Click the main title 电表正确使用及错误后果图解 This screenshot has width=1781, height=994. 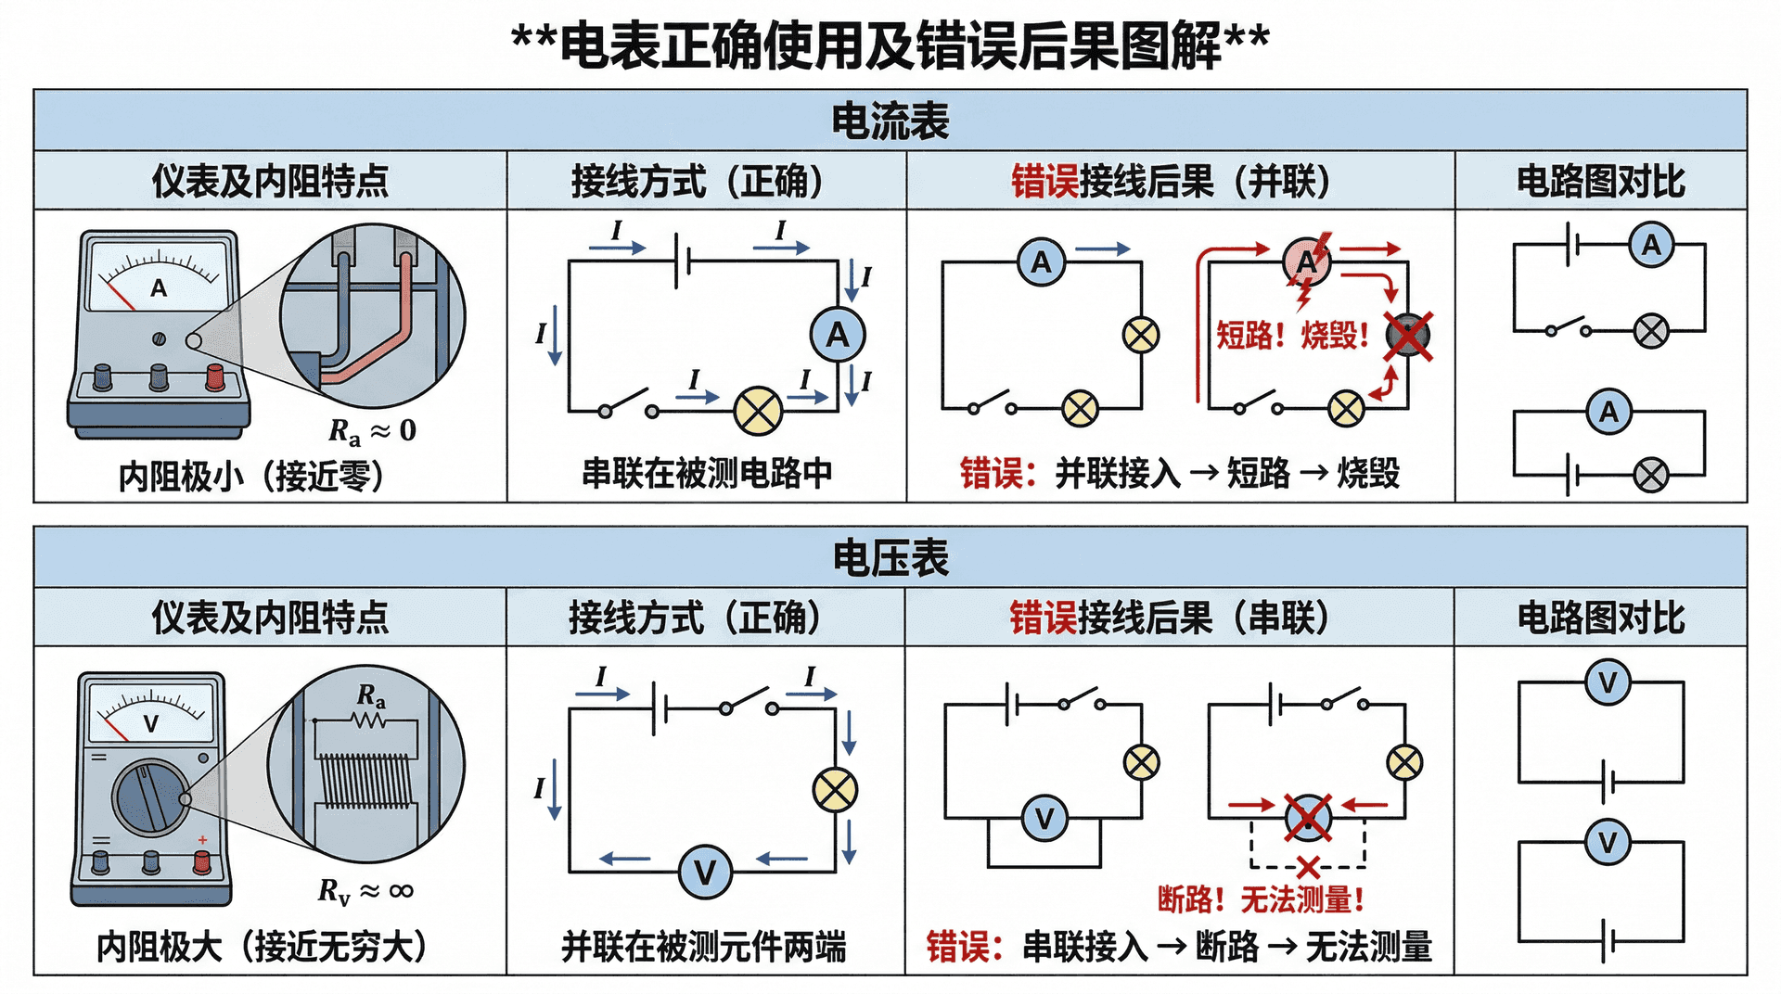click(x=890, y=44)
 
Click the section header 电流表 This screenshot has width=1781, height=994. click(x=890, y=121)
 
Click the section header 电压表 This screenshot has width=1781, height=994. click(x=890, y=558)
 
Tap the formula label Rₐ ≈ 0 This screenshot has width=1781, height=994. click(x=372, y=430)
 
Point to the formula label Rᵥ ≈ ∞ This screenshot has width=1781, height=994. click(x=365, y=891)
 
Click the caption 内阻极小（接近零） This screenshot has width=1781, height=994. click(x=251, y=476)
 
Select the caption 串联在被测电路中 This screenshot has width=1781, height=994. click(x=707, y=473)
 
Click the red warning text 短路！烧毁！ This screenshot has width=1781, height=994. click(x=1293, y=335)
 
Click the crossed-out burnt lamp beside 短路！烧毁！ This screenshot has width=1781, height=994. click(x=1408, y=335)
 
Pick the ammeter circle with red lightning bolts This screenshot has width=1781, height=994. click(x=1307, y=262)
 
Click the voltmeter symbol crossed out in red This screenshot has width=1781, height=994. click(x=1308, y=818)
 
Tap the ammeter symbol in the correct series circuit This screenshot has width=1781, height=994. click(x=838, y=335)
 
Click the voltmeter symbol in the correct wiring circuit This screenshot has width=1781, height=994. click(x=705, y=873)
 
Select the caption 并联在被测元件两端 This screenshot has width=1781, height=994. click(x=704, y=947)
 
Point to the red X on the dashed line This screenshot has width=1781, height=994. click(x=1308, y=868)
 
